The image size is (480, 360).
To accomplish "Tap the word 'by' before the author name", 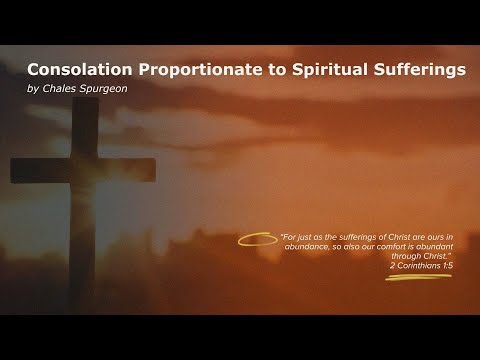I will [33, 89].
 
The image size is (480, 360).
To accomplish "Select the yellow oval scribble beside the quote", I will [258, 240].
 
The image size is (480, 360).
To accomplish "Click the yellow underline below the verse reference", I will [419, 277].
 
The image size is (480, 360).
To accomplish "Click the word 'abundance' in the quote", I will [307, 248].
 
